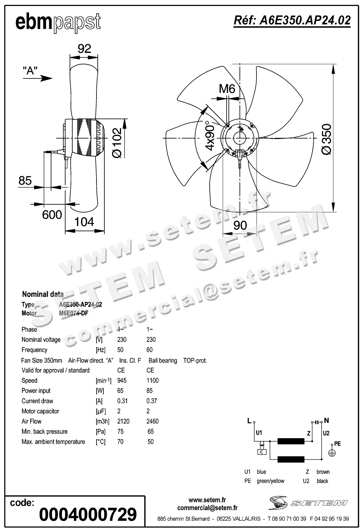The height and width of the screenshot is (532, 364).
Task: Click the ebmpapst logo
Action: [x=58, y=23]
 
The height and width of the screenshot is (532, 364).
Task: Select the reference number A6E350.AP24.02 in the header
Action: [x=292, y=20]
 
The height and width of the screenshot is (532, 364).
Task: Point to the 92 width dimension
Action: [x=84, y=49]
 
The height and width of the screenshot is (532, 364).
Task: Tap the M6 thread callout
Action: [x=227, y=89]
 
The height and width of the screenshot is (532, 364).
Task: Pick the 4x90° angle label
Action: [x=210, y=135]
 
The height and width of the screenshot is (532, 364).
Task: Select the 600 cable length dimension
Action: [x=52, y=215]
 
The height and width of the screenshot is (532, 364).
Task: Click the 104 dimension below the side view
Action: [x=84, y=222]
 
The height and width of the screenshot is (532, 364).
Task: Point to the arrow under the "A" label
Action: [x=42, y=78]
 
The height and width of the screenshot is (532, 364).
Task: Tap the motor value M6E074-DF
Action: [x=74, y=313]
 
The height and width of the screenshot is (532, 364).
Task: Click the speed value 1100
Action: [x=152, y=381]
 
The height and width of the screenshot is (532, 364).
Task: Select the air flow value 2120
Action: [x=123, y=421]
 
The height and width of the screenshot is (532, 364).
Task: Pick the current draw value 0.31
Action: [x=122, y=401]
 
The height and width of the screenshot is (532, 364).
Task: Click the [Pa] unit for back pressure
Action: [x=101, y=432]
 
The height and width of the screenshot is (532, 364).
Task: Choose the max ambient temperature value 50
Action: [x=151, y=442]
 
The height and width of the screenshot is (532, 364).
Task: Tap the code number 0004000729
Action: [x=88, y=514]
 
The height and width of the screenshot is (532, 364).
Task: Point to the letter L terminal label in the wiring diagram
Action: [x=249, y=421]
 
